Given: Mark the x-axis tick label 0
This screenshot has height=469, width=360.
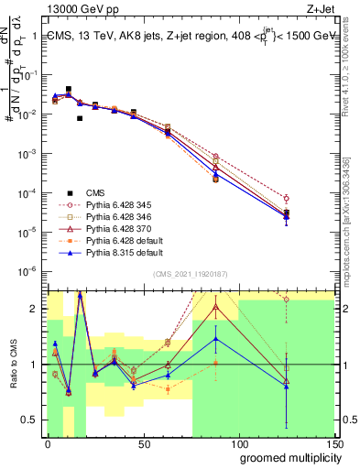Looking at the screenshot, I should point(48,442).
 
